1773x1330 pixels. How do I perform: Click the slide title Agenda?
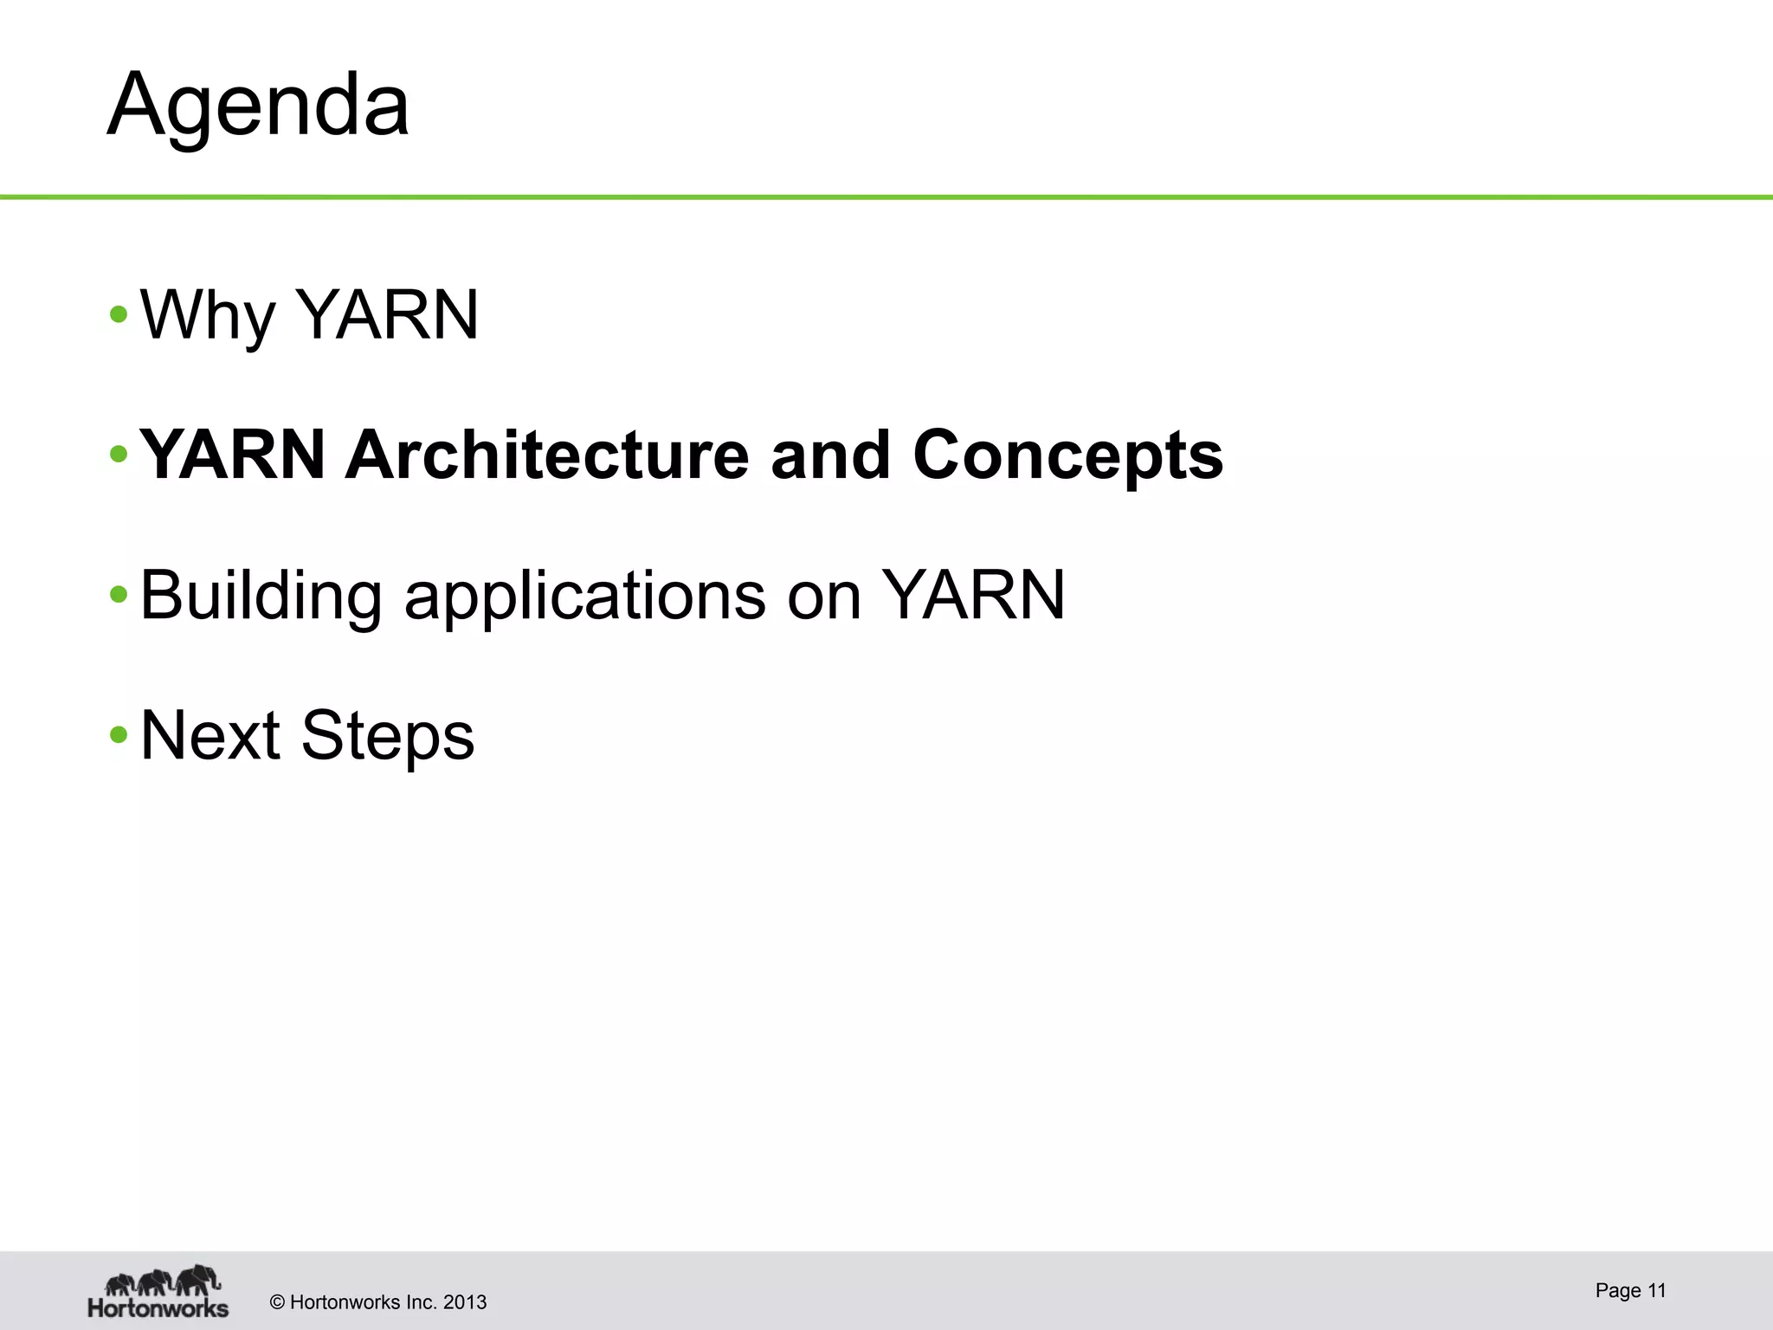(258, 106)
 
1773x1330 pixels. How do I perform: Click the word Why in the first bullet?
(207, 315)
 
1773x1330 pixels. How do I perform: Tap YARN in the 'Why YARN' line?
(387, 315)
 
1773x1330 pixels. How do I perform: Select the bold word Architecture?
(546, 455)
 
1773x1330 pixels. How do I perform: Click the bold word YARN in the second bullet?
(232, 455)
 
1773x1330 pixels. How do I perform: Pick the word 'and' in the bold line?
(830, 455)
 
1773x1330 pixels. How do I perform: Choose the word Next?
(210, 736)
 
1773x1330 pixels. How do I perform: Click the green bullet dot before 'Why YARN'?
(119, 315)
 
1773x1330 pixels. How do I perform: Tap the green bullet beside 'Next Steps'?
(119, 736)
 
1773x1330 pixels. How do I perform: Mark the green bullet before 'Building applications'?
(119, 596)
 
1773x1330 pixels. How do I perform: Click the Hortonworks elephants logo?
(158, 1291)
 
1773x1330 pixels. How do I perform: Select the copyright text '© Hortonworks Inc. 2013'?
(378, 1302)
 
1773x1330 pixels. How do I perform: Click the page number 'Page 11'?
(1630, 1291)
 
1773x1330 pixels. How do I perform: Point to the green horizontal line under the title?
(886, 197)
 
